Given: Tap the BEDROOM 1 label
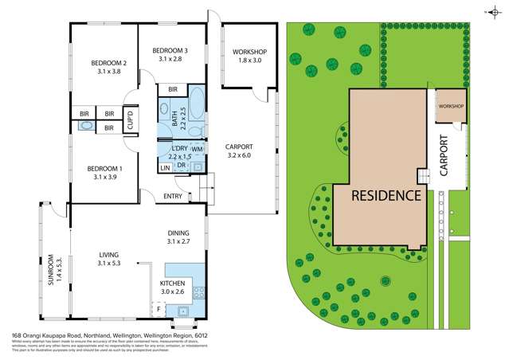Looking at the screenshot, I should [x=104, y=172].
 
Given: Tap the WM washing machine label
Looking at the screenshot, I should [x=196, y=149].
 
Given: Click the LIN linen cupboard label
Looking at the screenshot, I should [x=165, y=167].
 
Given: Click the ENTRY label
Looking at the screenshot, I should [x=173, y=196].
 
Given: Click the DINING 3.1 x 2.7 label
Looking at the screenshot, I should [x=178, y=237].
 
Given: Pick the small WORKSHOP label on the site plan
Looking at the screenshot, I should [x=451, y=106].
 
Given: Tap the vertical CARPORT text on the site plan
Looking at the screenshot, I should [x=444, y=155].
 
